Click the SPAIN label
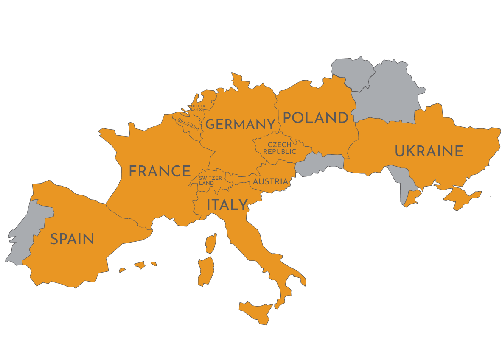72,239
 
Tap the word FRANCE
160,171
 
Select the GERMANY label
240,125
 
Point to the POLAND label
315,118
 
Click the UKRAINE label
429,151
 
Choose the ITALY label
227,205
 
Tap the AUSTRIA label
270,182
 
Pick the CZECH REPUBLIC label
279,148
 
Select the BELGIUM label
188,124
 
